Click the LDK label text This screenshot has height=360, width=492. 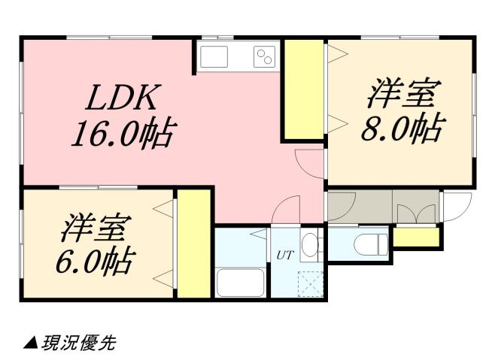(123, 97)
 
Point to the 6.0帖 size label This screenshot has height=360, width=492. (95, 262)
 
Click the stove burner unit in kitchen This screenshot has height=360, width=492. (264, 56)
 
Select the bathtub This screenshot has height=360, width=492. (240, 283)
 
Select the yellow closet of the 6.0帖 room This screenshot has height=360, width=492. (193, 245)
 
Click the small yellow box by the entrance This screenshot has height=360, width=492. (416, 237)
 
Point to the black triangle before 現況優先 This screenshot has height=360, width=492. (31, 343)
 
